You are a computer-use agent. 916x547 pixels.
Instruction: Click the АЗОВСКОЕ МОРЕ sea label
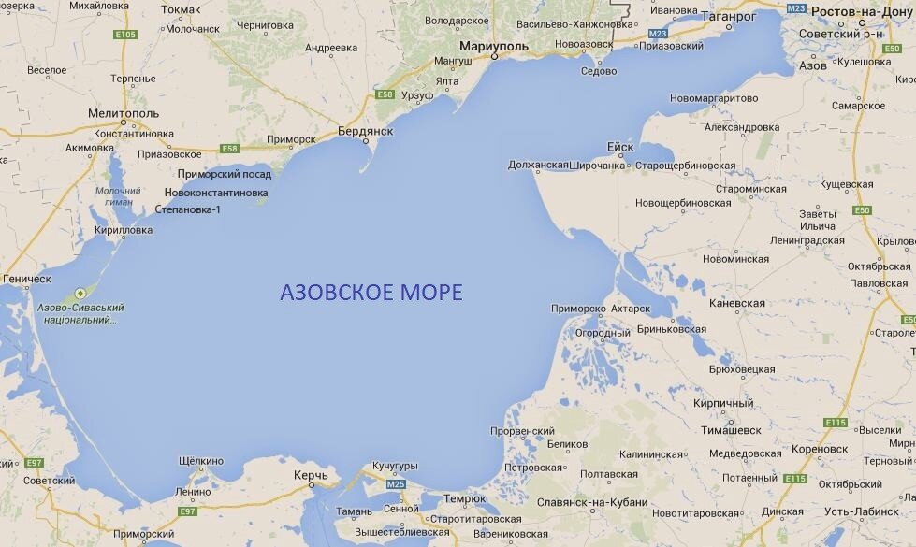[x=371, y=292]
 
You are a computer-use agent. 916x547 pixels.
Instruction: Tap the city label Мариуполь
[x=493, y=45]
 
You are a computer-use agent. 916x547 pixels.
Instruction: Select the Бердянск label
[x=365, y=131]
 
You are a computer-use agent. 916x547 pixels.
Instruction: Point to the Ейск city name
[x=620, y=147]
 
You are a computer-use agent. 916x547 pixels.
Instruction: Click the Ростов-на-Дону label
[x=865, y=10]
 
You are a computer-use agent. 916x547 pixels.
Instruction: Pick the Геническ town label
[x=27, y=279]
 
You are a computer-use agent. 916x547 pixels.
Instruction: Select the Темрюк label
[x=465, y=498]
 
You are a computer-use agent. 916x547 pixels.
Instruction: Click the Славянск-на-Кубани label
[x=591, y=502]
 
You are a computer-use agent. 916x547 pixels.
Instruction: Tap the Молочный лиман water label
[x=117, y=196]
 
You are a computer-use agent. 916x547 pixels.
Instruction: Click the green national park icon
[x=80, y=292]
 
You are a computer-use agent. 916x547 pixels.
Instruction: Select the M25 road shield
[x=396, y=484]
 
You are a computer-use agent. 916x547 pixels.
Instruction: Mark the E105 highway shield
[x=125, y=35]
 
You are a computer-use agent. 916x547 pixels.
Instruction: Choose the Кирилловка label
[x=122, y=230]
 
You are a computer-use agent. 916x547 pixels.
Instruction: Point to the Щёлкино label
[x=201, y=461]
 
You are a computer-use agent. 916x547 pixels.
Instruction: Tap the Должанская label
[x=538, y=166]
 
